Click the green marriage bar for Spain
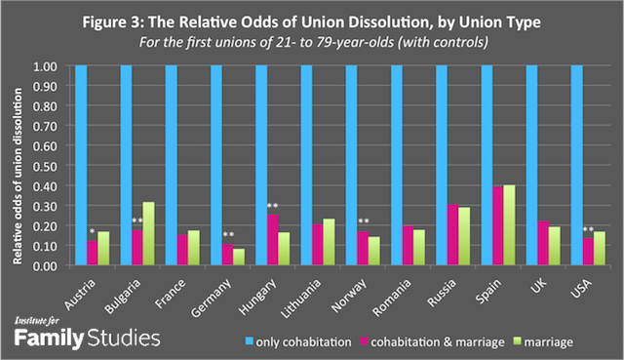535,224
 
